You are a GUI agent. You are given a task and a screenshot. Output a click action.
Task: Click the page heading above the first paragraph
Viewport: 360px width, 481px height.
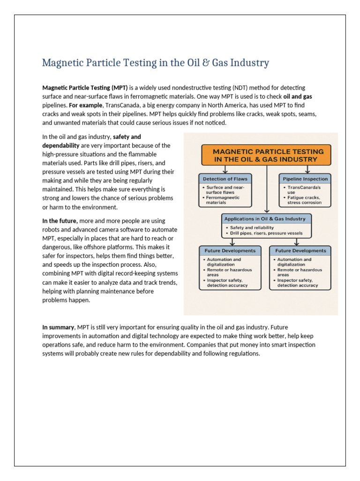156,62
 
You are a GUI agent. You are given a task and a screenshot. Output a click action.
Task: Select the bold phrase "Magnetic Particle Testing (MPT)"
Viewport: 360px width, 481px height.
85,88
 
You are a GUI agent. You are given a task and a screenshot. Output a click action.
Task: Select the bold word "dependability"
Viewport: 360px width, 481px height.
61,146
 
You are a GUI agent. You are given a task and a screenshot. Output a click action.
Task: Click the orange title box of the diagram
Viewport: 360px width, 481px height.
266,155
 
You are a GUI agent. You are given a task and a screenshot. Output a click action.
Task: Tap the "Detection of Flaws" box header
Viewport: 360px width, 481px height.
225,178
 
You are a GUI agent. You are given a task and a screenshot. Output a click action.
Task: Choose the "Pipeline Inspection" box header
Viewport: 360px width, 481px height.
305,178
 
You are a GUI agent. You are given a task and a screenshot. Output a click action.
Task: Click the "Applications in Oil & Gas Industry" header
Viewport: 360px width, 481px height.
265,219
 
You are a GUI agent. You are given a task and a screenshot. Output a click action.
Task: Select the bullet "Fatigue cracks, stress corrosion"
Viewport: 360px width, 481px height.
305,200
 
